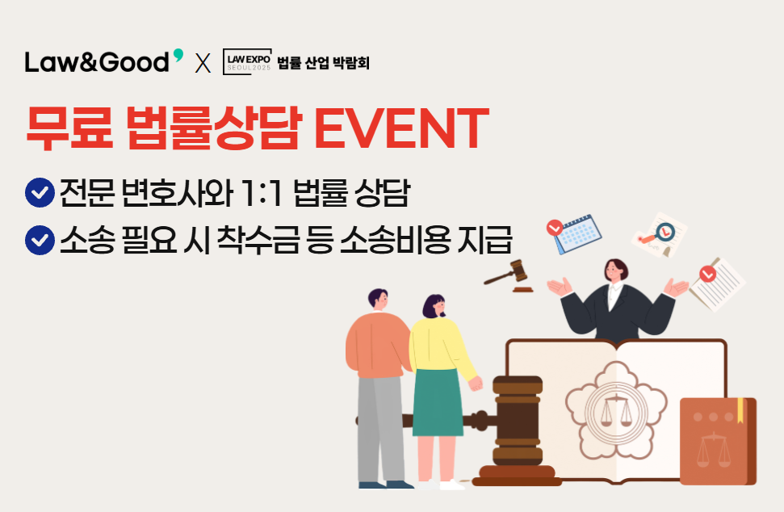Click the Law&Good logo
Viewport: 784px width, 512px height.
[x=104, y=61]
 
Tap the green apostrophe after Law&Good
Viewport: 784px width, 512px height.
[x=178, y=54]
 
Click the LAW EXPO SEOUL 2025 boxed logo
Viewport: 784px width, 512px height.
[x=247, y=62]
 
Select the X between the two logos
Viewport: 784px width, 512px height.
[x=203, y=63]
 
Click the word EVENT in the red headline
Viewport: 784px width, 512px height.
[x=401, y=128]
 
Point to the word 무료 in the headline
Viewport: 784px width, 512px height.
[x=69, y=128]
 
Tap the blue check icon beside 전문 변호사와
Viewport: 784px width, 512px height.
[x=40, y=192]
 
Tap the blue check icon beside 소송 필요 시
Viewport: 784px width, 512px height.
[x=40, y=240]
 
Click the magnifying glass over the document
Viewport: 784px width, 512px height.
[x=659, y=233]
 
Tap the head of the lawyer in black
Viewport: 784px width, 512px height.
[x=616, y=271]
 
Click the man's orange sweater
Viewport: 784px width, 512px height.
[x=378, y=345]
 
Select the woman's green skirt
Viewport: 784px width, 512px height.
[x=438, y=402]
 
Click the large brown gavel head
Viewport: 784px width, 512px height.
[x=518, y=421]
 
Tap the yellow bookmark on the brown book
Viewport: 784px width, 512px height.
[x=740, y=408]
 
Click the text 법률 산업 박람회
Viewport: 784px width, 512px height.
[x=323, y=62]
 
